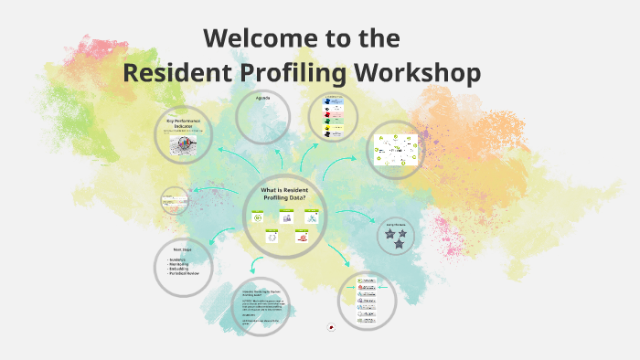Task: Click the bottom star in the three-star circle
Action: click(399, 244)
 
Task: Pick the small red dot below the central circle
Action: click(330, 328)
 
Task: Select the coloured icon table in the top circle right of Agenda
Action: click(331, 119)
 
